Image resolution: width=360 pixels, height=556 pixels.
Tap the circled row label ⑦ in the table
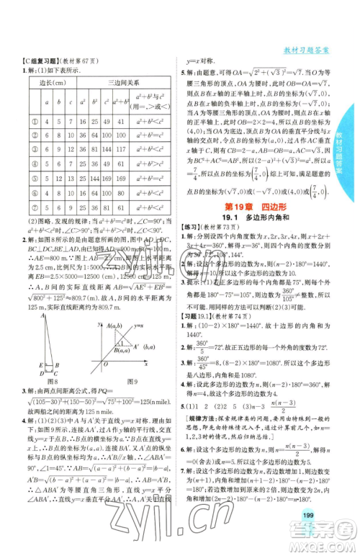35,209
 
